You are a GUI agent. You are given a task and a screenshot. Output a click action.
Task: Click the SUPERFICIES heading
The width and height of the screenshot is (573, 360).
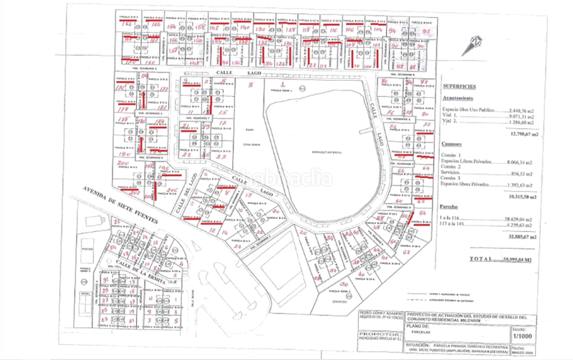(463, 84)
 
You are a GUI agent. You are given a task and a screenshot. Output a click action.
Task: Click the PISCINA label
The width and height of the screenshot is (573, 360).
(89, 248)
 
